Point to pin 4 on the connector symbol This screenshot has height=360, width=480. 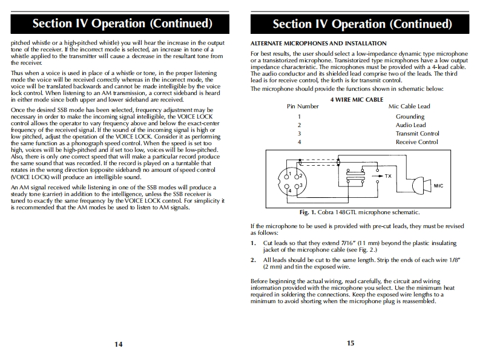point(290,190)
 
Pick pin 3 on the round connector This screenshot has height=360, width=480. point(300,185)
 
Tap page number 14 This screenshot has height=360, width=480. point(119,344)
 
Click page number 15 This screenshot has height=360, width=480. point(350,343)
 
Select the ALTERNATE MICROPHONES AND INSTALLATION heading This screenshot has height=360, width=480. point(318,44)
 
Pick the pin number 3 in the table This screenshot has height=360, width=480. point(298,133)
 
